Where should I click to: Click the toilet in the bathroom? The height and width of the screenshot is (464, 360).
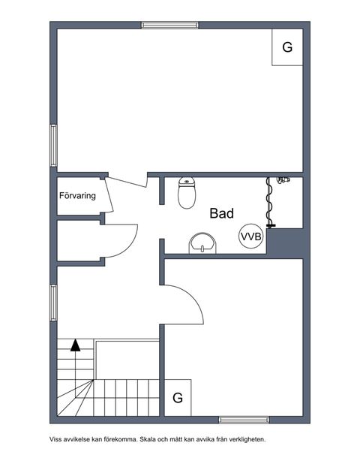187,193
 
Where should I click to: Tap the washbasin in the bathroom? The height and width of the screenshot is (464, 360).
202,243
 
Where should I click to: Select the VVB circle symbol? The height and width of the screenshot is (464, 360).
251,237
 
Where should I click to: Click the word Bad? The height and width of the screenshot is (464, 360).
222,213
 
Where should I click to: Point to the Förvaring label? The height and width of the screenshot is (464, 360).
77,196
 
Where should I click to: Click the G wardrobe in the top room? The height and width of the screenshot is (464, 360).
287,47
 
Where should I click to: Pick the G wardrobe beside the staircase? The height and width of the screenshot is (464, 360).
178,398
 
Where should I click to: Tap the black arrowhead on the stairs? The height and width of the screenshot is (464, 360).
75,345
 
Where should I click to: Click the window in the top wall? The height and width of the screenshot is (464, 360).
169,26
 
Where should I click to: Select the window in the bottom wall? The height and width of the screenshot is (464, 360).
244,420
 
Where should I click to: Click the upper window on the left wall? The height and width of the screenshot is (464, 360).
53,146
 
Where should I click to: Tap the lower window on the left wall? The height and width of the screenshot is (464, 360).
53,303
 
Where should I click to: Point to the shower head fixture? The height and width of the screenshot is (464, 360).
283,179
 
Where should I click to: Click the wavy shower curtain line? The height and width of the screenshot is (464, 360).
269,202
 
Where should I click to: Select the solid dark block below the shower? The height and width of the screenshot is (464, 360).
285,241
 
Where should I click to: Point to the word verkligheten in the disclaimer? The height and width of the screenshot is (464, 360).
249,439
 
